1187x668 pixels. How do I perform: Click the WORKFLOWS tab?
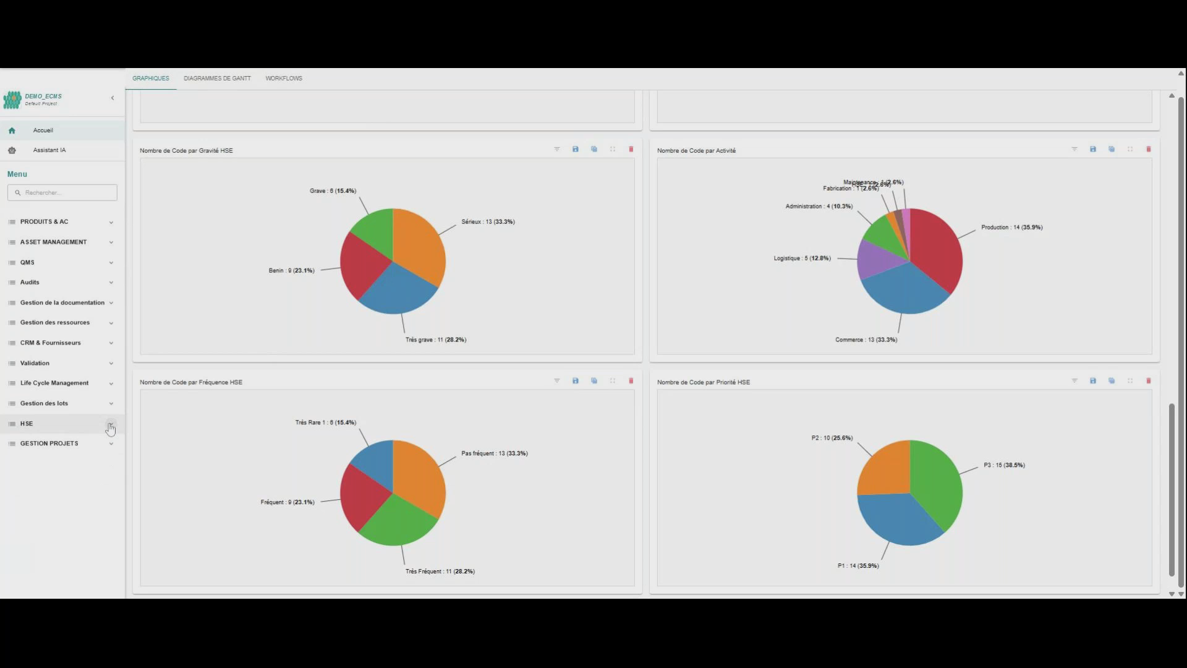(284, 79)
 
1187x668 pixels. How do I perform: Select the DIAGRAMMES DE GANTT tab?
(217, 79)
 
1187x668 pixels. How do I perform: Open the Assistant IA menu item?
(49, 150)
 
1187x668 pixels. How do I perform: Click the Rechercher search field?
(62, 192)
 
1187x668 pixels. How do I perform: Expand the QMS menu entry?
(27, 262)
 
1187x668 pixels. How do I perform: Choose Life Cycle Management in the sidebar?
(54, 383)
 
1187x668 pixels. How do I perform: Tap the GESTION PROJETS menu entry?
(49, 443)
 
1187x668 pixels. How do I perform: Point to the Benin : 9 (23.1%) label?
(291, 271)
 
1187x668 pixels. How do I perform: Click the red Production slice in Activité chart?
(937, 250)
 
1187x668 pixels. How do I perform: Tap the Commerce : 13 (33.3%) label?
(866, 340)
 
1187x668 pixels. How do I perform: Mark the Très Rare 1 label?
(325, 422)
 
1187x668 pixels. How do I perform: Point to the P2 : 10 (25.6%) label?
(832, 438)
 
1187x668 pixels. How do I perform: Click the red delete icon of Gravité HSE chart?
(631, 149)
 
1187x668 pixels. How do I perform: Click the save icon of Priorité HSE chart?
(1092, 381)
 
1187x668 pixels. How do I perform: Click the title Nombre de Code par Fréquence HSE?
(191, 382)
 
